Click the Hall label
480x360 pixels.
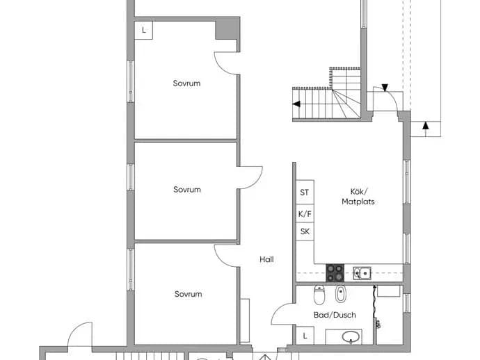(x=266, y=259)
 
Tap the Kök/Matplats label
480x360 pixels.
(x=358, y=197)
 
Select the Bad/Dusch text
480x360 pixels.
(x=335, y=315)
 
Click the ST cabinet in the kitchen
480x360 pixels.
(x=305, y=192)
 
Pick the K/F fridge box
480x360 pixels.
(x=305, y=213)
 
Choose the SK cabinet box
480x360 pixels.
(x=305, y=231)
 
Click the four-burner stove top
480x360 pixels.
(x=335, y=273)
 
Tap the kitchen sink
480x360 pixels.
(x=362, y=273)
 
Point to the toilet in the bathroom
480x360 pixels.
(x=319, y=295)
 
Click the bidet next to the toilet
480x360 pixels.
(x=340, y=293)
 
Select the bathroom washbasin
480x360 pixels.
(x=351, y=337)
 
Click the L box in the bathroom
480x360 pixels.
(x=305, y=336)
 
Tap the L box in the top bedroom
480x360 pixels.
(x=143, y=31)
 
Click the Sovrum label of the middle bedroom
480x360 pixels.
(x=187, y=190)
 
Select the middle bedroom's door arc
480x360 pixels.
(x=257, y=182)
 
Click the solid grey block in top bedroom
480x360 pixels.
(x=227, y=28)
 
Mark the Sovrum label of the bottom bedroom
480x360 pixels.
(x=188, y=294)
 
